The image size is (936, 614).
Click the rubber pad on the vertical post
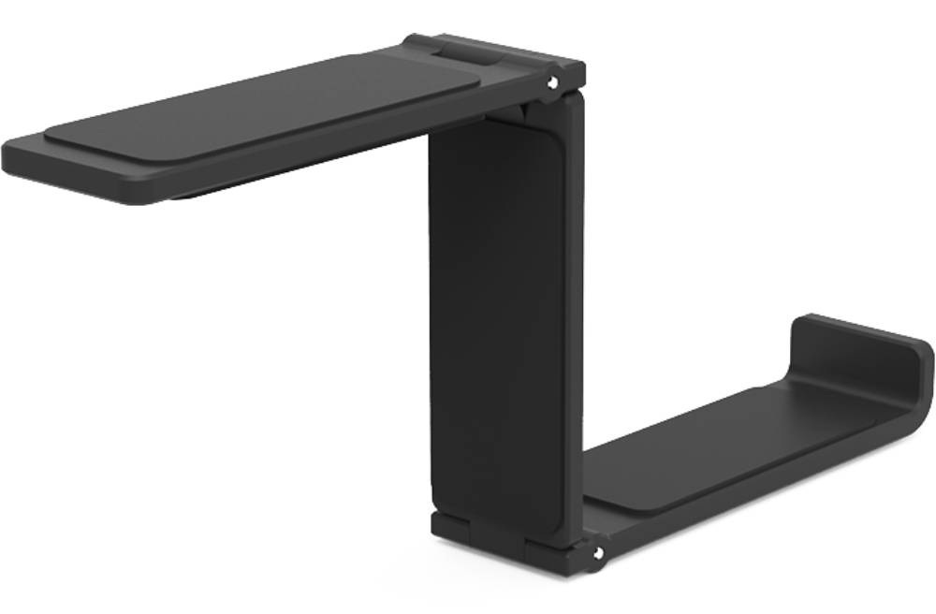496,318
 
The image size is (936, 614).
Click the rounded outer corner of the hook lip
921,360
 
